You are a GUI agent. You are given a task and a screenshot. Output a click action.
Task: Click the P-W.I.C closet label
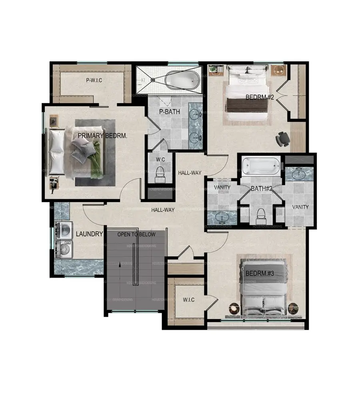point(94,80)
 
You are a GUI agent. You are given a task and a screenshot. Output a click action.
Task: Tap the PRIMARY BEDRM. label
point(102,136)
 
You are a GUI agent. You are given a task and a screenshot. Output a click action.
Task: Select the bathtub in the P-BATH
point(182,80)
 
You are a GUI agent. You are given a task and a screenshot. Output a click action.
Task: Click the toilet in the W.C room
point(160,172)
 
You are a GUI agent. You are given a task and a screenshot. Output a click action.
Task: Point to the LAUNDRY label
point(90,234)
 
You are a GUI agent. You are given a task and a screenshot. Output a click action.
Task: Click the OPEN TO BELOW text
point(136,234)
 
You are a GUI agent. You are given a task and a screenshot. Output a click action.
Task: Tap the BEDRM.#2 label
point(259,97)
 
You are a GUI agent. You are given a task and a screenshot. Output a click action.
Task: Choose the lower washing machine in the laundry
point(64,249)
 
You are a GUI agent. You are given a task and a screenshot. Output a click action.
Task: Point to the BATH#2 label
point(262,188)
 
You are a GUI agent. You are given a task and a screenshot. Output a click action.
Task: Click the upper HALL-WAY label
point(189,173)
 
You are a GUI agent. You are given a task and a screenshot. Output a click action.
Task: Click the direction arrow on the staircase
point(119,264)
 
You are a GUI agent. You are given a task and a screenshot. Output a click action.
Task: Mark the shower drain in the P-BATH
point(153,80)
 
